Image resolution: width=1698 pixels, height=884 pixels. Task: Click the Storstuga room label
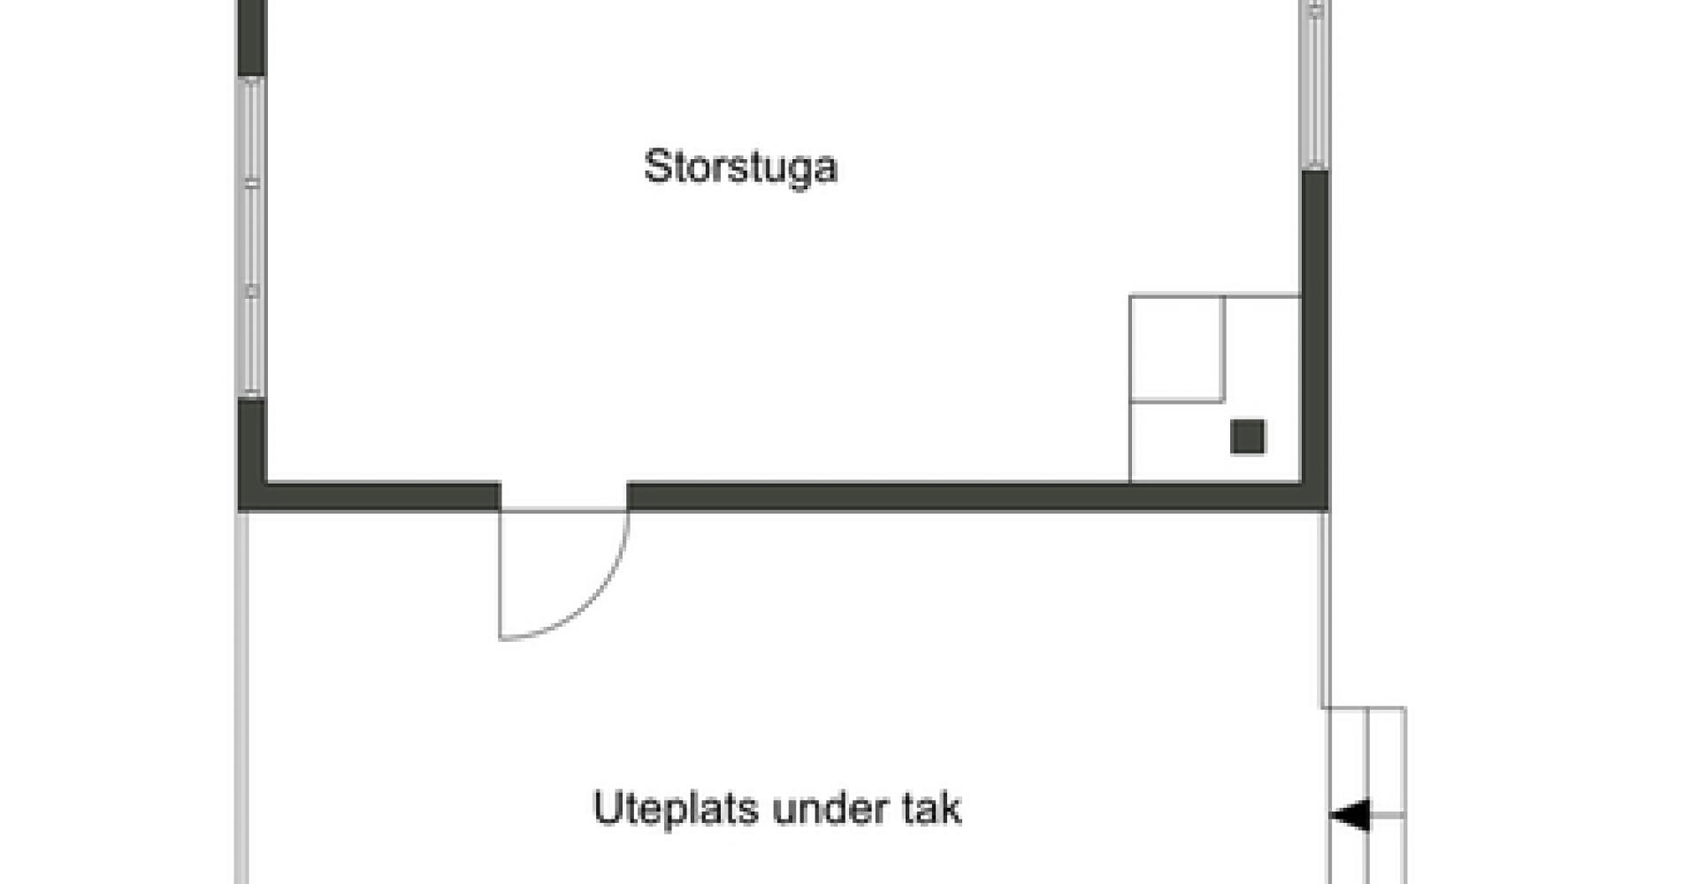(740, 168)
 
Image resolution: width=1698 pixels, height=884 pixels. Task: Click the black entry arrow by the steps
(1350, 815)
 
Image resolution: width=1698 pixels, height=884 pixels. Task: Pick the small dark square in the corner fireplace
(1248, 437)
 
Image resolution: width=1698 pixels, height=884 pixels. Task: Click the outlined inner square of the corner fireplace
(1177, 348)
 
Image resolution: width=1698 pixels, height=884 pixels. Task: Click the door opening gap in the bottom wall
(564, 497)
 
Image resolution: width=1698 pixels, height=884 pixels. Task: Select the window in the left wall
(252, 237)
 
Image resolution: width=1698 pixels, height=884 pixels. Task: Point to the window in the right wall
(1316, 85)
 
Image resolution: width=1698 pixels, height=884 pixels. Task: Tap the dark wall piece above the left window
(252, 38)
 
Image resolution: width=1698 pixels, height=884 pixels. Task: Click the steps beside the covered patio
(1368, 796)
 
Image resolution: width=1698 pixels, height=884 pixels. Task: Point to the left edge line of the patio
(241, 697)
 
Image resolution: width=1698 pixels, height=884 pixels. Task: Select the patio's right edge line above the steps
(1325, 609)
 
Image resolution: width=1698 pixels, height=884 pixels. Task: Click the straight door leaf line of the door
(501, 575)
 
